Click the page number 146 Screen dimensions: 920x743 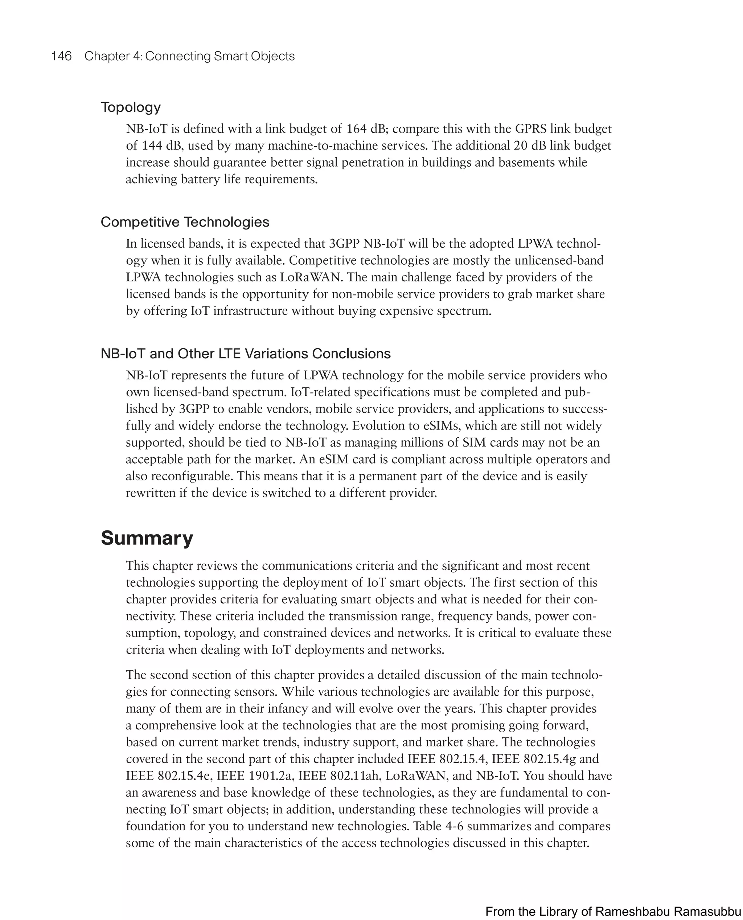tap(61, 56)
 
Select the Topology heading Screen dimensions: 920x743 tap(131, 107)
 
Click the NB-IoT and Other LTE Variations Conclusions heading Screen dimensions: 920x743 tap(245, 353)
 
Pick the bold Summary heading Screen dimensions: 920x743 tap(147, 538)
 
